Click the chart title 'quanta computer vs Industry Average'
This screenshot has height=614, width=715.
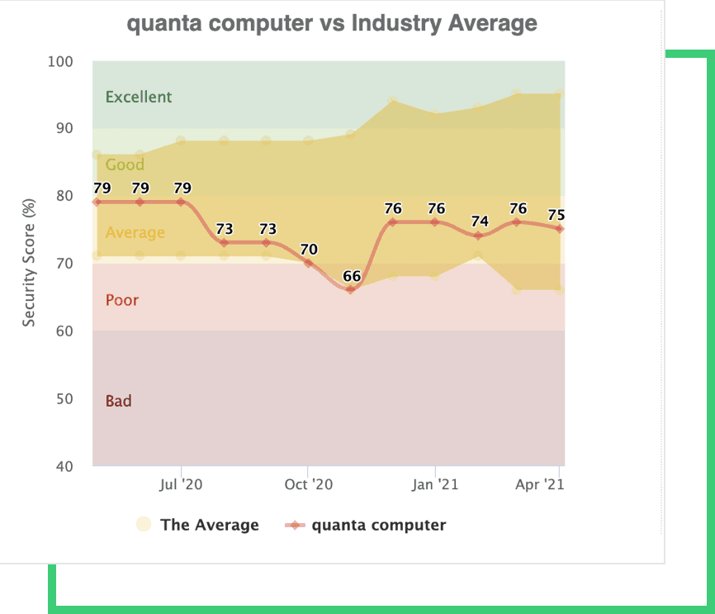pyautogui.click(x=332, y=23)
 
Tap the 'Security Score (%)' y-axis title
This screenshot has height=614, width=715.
pyautogui.click(x=29, y=263)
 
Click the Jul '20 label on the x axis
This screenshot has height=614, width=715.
pyautogui.click(x=181, y=484)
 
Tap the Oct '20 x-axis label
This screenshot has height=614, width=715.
pyautogui.click(x=307, y=484)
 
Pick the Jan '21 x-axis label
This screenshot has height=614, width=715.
pyautogui.click(x=434, y=484)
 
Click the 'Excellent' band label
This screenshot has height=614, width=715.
pyautogui.click(x=139, y=97)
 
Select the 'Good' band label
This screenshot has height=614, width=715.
pyautogui.click(x=125, y=164)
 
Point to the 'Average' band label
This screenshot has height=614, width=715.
pyautogui.click(x=135, y=232)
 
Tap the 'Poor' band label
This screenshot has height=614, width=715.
pyautogui.click(x=122, y=300)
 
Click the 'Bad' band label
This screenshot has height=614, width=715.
pyautogui.click(x=118, y=401)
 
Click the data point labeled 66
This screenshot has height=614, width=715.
pyautogui.click(x=350, y=289)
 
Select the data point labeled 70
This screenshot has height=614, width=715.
pyautogui.click(x=308, y=263)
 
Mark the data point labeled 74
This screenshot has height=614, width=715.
pyautogui.click(x=476, y=236)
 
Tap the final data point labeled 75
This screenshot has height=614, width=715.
pyautogui.click(x=560, y=229)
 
